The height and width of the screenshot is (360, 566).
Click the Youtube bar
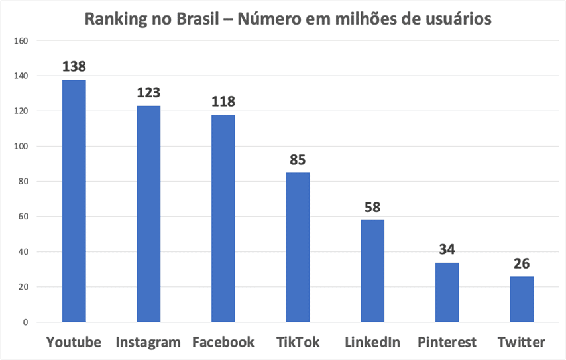74,201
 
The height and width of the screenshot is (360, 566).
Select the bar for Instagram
148,214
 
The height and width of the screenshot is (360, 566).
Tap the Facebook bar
223,219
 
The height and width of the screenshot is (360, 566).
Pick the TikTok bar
298,247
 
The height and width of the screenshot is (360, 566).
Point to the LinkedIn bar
372,271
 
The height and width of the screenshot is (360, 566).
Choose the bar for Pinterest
447,292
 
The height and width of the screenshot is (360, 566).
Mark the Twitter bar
522,300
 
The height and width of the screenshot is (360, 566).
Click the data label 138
74,67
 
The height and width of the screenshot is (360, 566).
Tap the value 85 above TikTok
298,160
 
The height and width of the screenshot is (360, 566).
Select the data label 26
522,264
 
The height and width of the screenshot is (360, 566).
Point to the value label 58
372,208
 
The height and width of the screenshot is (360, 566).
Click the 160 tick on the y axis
21,41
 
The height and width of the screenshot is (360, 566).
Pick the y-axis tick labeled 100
21,147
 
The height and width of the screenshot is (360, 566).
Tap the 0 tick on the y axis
25,322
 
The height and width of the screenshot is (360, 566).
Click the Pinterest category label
447,343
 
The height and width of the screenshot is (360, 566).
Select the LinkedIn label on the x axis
372,343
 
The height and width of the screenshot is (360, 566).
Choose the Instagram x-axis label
148,343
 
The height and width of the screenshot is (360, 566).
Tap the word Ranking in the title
113,19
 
